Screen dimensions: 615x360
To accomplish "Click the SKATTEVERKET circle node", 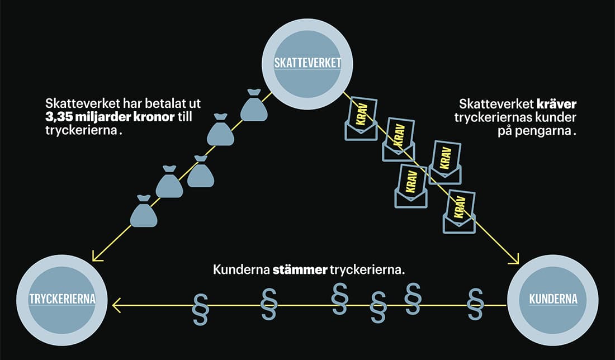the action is pos(307,64).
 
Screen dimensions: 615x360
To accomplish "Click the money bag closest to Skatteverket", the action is pos(253,105).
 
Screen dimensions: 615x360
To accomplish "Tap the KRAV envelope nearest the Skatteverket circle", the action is pos(361,119).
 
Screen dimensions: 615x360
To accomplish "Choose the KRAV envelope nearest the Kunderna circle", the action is pos(459,212).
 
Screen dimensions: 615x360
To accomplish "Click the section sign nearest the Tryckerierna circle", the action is pos(200,309).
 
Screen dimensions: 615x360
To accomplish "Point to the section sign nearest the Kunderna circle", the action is pos(475,305).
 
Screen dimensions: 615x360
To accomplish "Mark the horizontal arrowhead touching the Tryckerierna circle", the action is pos(116,305).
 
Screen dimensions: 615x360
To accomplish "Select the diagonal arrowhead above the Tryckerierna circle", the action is pos(97,255).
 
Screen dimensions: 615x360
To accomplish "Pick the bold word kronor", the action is pos(155,117).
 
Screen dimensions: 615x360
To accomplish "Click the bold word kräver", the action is pos(556,105).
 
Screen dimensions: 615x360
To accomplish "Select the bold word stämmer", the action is pos(300,270).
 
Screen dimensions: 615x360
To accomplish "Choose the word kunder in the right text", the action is pos(556,117).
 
